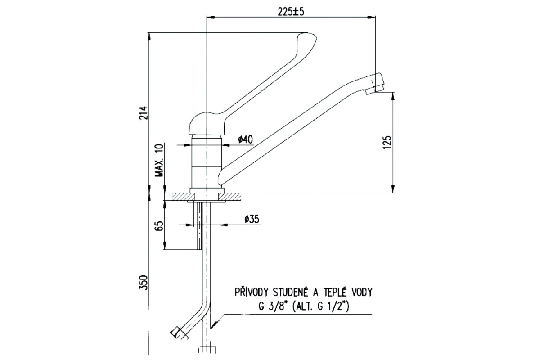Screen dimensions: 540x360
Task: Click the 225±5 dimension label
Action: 291,11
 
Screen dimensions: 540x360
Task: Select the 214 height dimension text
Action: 144,113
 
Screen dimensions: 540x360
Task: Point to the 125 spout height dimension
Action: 387,142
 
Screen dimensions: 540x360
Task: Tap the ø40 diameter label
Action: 245,139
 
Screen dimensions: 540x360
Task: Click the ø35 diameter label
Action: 252,219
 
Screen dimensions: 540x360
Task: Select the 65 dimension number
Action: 160,226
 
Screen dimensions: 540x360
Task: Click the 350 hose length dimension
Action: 144,282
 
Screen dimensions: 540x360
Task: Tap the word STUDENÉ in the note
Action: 292,292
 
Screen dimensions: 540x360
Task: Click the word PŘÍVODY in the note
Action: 252,292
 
